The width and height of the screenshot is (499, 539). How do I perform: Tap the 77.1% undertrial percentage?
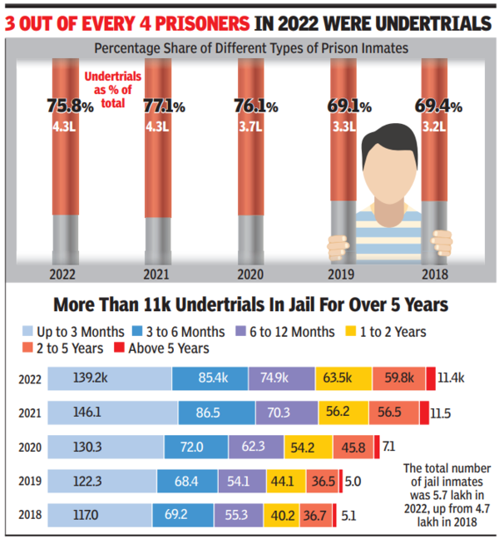click(158, 106)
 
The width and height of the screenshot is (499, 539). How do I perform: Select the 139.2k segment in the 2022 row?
click(108, 378)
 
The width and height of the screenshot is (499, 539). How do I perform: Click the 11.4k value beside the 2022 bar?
click(452, 378)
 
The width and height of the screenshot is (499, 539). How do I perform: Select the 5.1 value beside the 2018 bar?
click(349, 515)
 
